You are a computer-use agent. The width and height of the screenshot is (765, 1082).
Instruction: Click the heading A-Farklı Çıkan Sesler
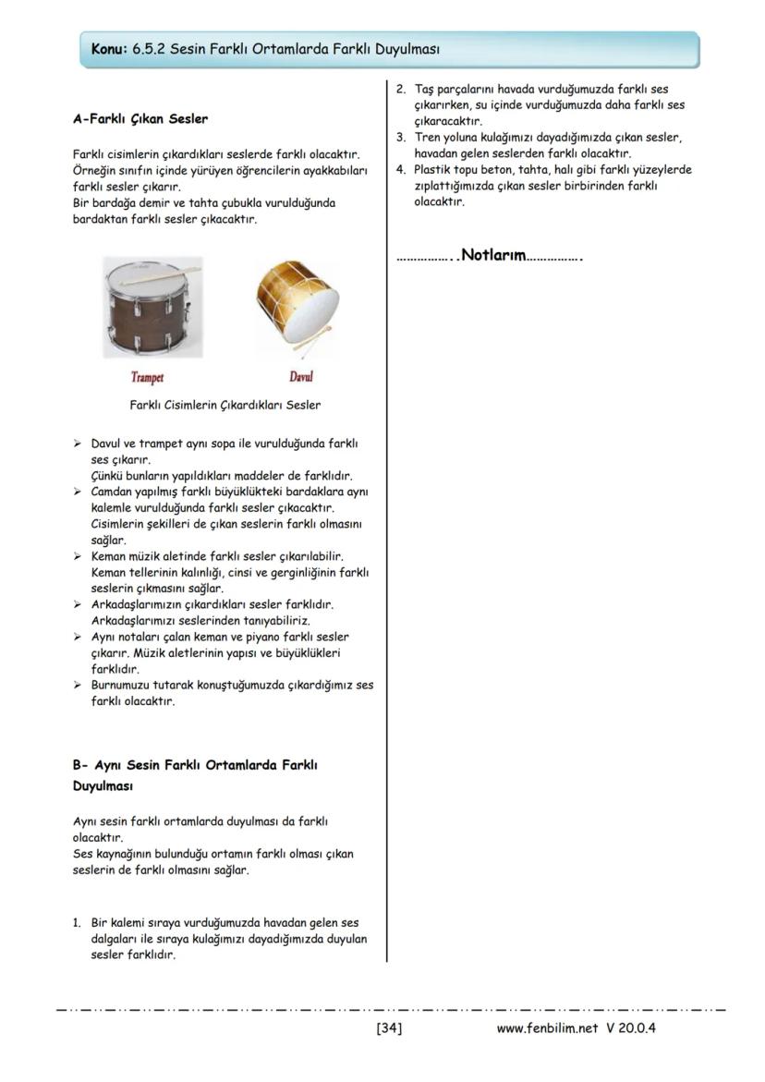click(x=140, y=119)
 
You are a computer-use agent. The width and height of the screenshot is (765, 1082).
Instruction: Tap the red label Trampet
click(x=147, y=377)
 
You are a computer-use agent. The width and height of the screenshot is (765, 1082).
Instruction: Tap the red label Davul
click(x=301, y=377)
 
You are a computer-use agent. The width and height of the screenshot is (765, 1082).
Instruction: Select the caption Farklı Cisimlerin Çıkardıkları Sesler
click(x=225, y=405)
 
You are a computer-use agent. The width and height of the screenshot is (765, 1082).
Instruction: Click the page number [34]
click(x=389, y=1027)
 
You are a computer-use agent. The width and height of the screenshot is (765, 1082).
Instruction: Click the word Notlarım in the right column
click(x=493, y=255)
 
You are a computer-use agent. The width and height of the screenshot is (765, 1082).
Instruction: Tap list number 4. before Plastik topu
click(x=401, y=170)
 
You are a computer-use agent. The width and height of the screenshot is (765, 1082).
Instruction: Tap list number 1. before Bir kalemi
click(x=78, y=923)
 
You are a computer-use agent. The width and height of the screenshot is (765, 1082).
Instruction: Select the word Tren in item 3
click(x=428, y=138)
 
